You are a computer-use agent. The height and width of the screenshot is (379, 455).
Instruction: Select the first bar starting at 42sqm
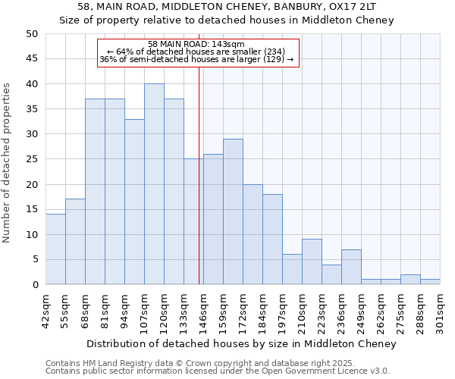(55, 249)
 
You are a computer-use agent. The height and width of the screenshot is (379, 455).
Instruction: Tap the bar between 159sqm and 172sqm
(233, 211)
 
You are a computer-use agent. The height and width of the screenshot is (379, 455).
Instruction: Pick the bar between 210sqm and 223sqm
(312, 262)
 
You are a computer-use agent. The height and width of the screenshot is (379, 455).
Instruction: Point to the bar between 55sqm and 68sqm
(75, 242)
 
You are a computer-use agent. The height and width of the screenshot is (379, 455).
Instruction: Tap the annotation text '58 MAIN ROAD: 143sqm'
(196, 45)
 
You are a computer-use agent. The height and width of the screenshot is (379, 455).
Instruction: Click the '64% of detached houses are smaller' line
(196, 52)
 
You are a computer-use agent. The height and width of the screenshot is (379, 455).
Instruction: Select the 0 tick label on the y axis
(34, 285)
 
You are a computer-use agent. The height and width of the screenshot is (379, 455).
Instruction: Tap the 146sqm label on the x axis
(203, 310)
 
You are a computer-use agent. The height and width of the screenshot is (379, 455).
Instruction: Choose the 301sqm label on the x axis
(440, 310)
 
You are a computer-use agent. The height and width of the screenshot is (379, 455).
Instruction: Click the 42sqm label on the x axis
(45, 310)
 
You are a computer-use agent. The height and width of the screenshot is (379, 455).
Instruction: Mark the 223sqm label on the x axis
(322, 310)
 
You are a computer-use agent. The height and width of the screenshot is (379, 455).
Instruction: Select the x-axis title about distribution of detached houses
(241, 343)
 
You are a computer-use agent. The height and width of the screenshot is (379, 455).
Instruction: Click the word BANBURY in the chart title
(259, 7)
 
